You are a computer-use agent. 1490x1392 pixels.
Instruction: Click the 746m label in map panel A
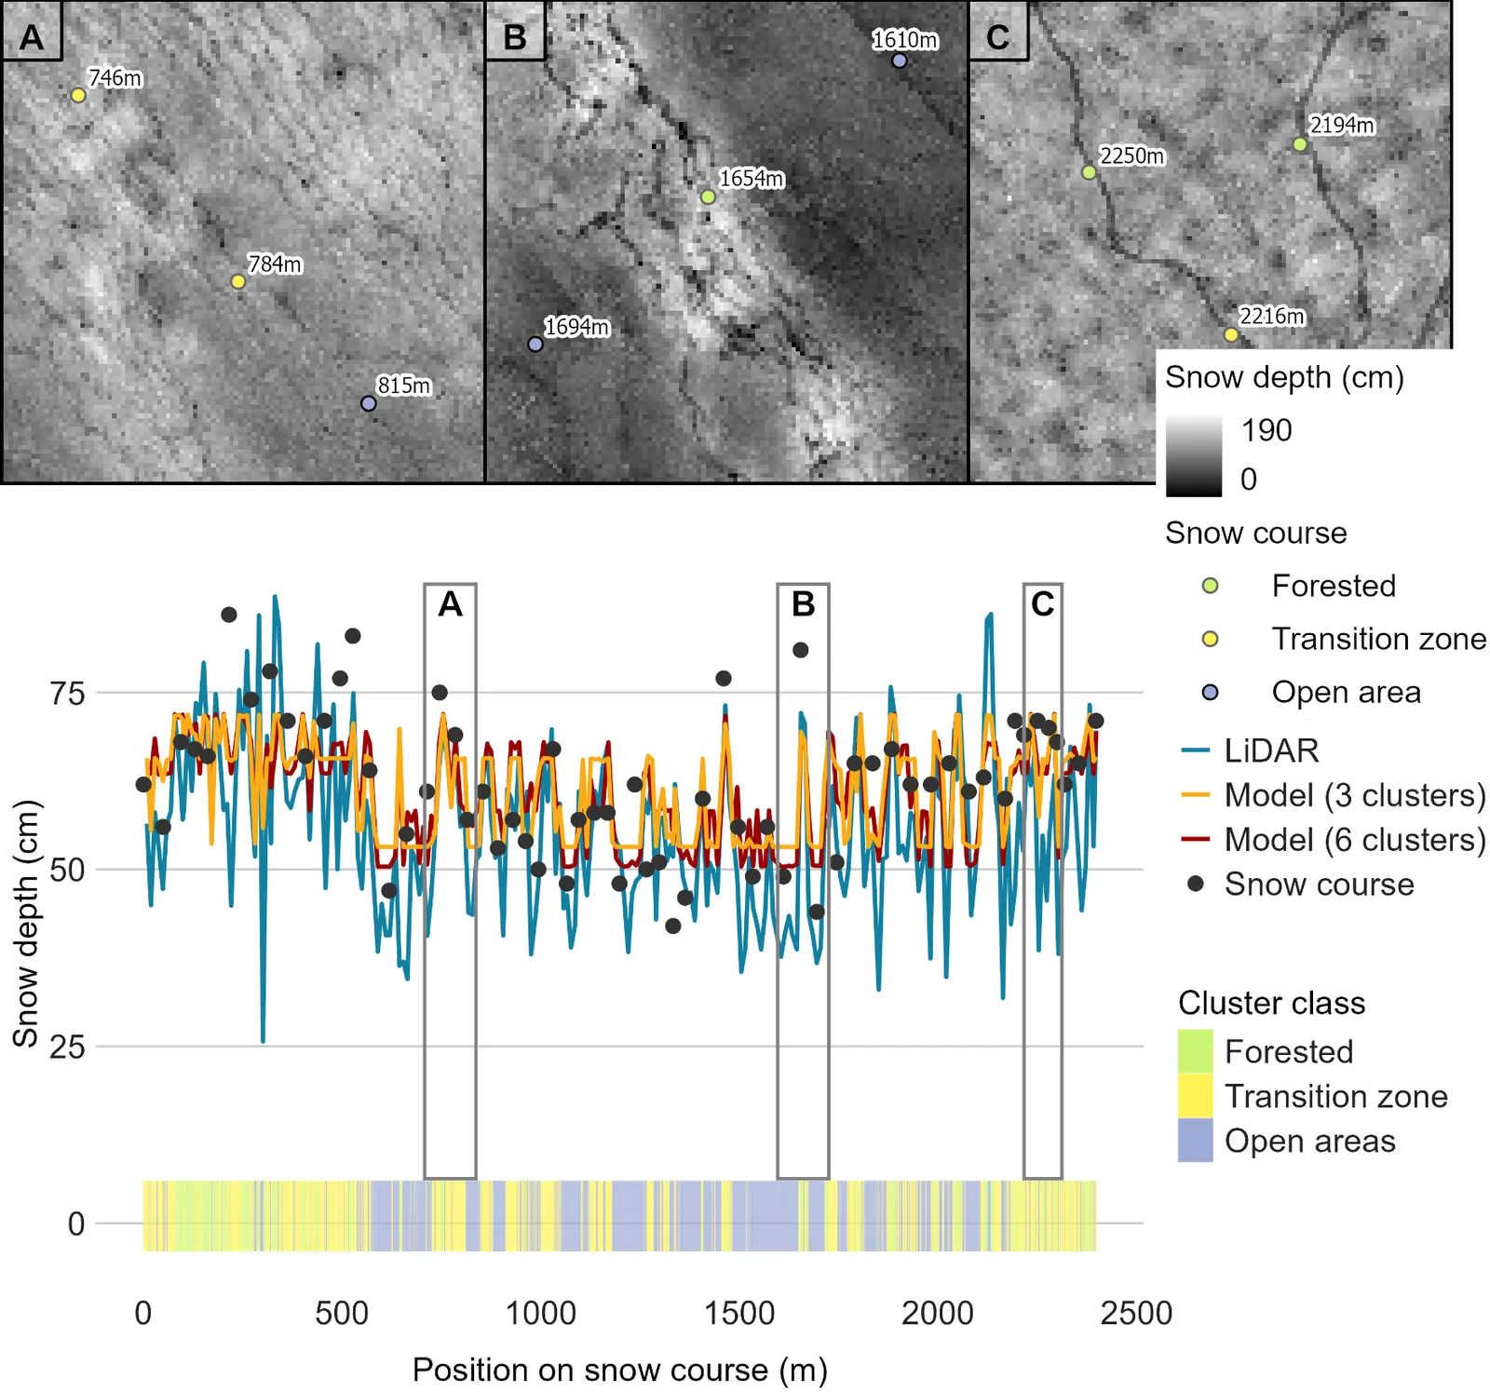[115, 78]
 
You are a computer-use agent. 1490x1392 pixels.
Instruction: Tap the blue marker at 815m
[369, 403]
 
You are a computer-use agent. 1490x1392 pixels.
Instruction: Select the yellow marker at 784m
[238, 281]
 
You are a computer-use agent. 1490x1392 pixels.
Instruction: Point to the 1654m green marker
[708, 196]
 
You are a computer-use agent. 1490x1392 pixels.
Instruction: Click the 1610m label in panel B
[904, 40]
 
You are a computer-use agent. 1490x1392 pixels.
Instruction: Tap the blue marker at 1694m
[535, 344]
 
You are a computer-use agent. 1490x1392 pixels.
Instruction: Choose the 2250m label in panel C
[1131, 155]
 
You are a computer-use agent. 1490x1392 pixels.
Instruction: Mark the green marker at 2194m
[1300, 144]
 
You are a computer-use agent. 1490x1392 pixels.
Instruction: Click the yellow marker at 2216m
[1231, 334]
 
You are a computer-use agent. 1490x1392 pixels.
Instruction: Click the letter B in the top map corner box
[515, 37]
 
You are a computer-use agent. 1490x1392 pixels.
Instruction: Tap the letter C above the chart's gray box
[1043, 604]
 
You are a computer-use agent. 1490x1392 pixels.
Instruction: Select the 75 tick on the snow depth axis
[67, 693]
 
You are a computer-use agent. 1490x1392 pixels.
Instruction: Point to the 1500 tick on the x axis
[739, 1313]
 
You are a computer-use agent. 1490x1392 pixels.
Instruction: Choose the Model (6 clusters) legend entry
[1334, 840]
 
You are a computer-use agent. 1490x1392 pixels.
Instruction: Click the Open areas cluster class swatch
[1196, 1141]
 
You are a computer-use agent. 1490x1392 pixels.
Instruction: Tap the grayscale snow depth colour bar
[1194, 455]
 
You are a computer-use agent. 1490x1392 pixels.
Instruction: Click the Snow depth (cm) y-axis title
[26, 924]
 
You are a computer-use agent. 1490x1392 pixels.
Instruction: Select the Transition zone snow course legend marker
[1210, 639]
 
